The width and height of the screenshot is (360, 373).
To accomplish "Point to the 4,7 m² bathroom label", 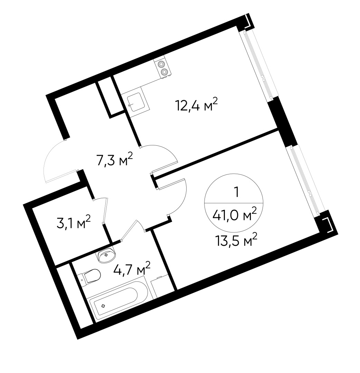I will point(132,269).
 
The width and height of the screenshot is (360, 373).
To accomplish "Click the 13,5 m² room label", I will point(237,239).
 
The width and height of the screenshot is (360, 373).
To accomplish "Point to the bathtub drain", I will point(103,306).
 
